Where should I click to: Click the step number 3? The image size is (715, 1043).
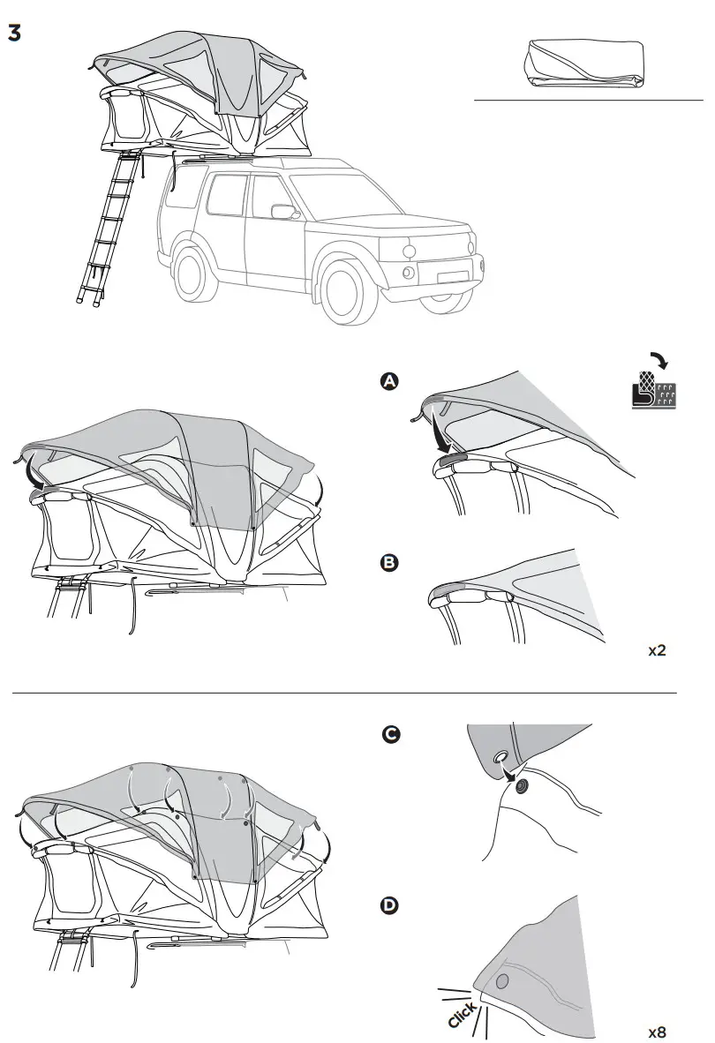(14, 32)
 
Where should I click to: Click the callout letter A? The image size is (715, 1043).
(388, 381)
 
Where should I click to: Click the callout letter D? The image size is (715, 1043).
(388, 905)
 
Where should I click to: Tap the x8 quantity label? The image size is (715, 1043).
(657, 1032)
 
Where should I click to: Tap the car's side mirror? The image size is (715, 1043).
(283, 212)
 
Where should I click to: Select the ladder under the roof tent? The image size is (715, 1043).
(108, 229)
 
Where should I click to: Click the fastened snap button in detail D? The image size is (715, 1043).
(502, 982)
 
